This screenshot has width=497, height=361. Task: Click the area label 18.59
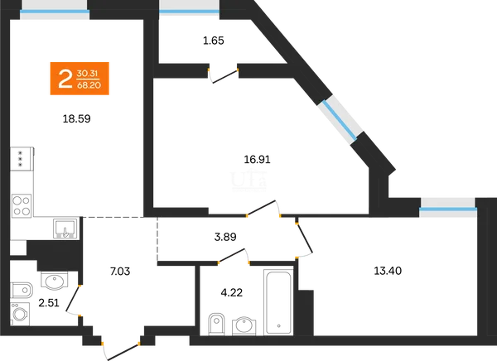coord(77,119)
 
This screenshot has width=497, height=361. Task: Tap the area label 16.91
coord(257,160)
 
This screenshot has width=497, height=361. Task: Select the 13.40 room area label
coord(388,271)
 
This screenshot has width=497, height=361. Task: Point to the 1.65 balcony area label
coord(214,41)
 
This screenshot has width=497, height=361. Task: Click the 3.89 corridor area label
coord(225,237)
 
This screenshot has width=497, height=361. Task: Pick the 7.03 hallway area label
coord(120,272)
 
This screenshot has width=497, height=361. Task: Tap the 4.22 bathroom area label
coord(232,292)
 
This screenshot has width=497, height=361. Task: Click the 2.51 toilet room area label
coord(49,303)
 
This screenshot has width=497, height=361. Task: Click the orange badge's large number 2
coord(65,79)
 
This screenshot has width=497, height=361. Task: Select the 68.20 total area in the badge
coord(89,85)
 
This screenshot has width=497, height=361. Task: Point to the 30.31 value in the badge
coord(87,74)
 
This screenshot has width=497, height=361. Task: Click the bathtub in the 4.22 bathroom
coord(278,302)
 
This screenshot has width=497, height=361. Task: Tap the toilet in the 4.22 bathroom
coord(216,324)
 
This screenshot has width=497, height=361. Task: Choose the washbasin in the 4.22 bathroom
coord(244,325)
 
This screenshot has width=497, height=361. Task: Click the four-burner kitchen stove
coord(22,206)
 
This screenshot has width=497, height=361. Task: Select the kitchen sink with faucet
coord(65,229)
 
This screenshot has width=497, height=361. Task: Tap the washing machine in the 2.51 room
coord(20,314)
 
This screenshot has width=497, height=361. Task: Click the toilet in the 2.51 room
coord(22,290)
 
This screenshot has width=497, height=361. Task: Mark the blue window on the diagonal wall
coord(340,121)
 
